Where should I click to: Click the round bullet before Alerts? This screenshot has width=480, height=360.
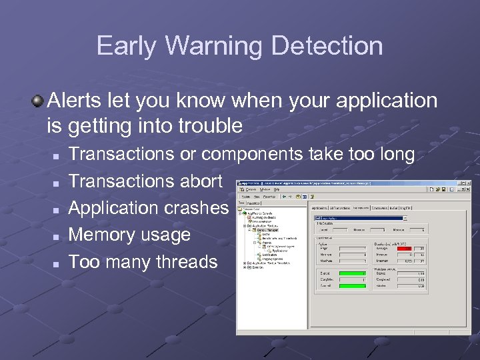[x=38, y=101]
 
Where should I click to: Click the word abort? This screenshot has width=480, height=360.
[x=200, y=181]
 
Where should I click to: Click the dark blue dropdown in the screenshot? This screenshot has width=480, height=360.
[x=359, y=217]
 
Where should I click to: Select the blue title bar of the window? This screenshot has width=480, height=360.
[x=333, y=182]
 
